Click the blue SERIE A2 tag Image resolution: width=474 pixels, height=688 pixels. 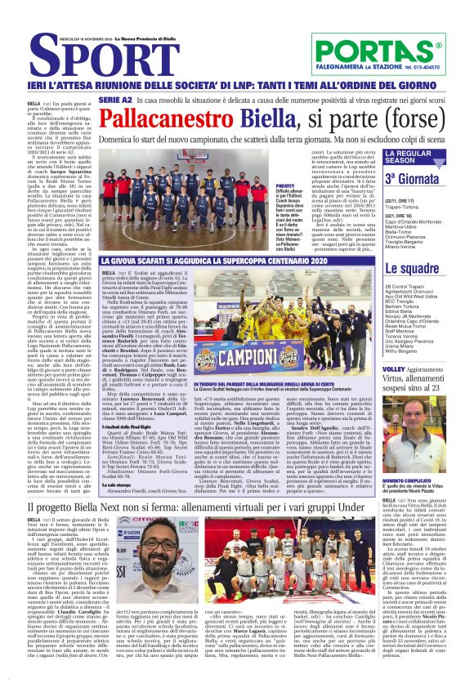click(x=137, y=99)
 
